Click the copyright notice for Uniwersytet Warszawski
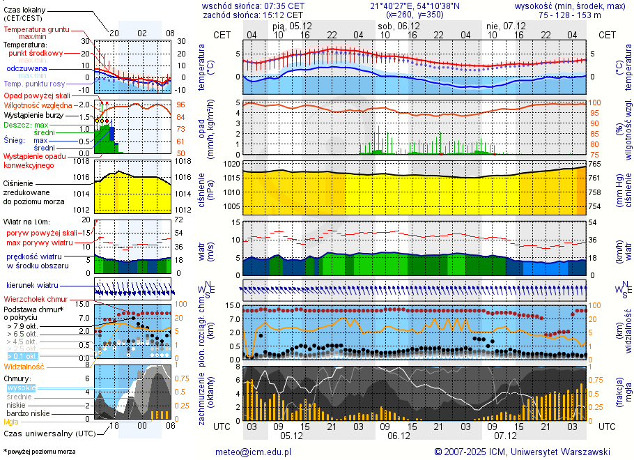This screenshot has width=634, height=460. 522,452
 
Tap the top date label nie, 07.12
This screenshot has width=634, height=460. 505,26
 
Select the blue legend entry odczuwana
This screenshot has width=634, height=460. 26,69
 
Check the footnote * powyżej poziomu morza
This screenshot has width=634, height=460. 39,452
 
